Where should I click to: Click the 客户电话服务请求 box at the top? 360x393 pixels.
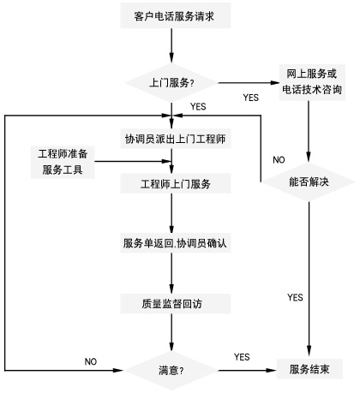click(173, 15)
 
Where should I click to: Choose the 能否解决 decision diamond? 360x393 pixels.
click(309, 181)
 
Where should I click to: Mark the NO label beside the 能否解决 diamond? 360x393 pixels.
click(279, 160)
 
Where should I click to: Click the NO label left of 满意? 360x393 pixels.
click(92, 360)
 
